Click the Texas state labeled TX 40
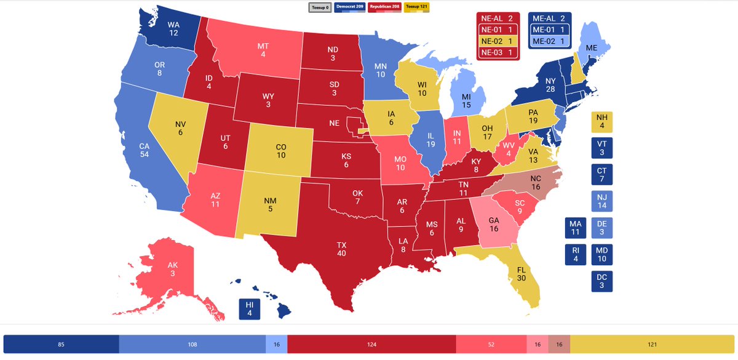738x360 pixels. pyautogui.click(x=341, y=249)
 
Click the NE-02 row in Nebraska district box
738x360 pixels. pyautogui.click(x=498, y=41)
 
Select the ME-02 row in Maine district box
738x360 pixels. pyautogui.click(x=550, y=41)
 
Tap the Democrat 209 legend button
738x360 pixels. pyautogui.click(x=349, y=7)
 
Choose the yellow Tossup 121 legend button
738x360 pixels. pyautogui.click(x=416, y=7)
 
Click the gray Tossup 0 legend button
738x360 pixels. pyautogui.click(x=319, y=7)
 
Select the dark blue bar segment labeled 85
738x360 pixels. pyautogui.click(x=61, y=344)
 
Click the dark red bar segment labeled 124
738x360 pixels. pyautogui.click(x=371, y=344)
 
